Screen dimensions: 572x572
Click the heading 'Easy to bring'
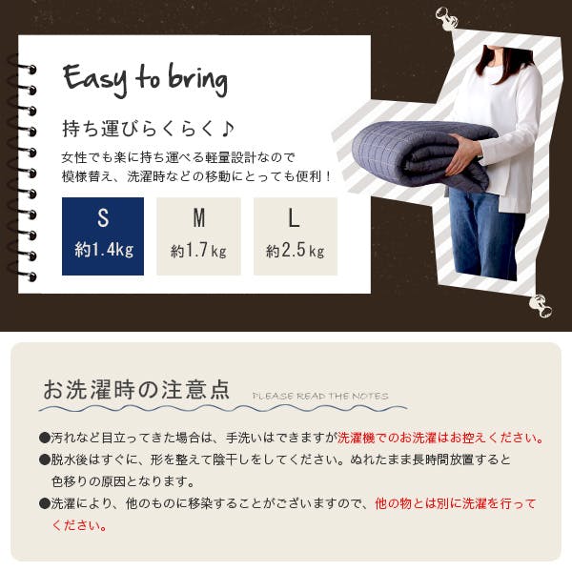(145, 80)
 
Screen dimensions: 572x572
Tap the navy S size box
(103, 236)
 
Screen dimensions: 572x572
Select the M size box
(198, 236)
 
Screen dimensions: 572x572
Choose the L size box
(296, 236)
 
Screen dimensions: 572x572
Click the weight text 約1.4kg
(104, 250)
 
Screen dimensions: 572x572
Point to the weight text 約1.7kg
(199, 251)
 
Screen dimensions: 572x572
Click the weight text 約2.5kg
(296, 251)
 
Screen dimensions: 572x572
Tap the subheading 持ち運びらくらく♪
(148, 129)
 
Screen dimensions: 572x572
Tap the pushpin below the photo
(540, 306)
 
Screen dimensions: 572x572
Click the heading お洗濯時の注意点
(136, 390)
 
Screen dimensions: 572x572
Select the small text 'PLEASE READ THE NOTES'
(320, 397)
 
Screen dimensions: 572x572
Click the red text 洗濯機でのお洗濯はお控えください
(437, 438)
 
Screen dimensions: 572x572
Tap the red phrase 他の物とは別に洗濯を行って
(456, 503)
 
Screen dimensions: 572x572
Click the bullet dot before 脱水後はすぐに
(45, 460)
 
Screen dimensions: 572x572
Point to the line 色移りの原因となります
(123, 481)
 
